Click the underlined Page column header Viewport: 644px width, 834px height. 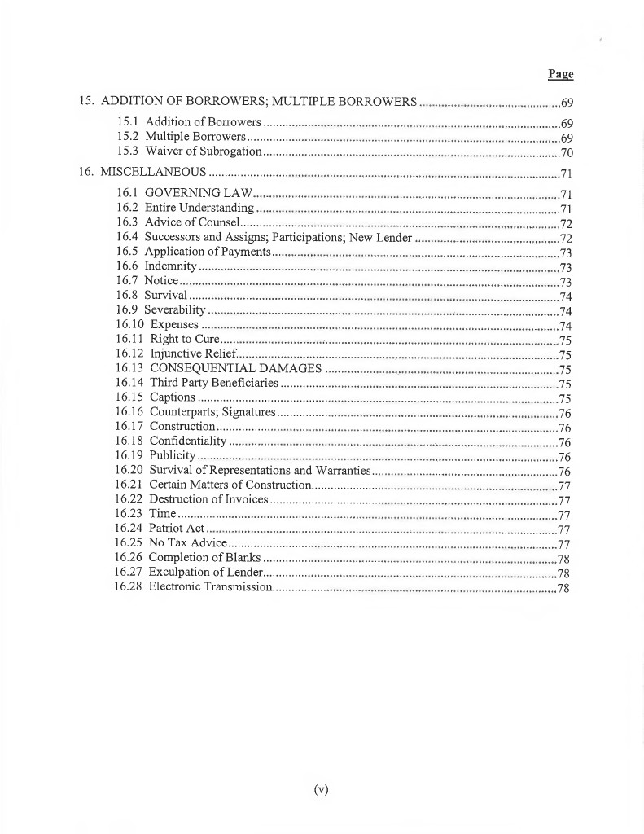[560, 74]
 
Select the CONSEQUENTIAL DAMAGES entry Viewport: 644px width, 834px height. [236, 368]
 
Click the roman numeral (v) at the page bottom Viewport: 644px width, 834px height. [321, 788]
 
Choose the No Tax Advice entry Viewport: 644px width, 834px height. [182, 543]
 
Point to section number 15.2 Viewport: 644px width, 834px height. [126, 137]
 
